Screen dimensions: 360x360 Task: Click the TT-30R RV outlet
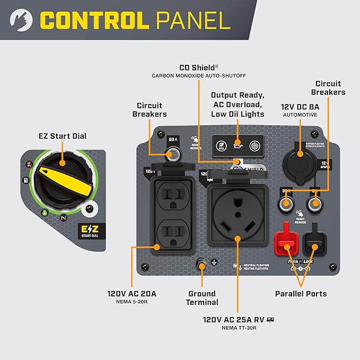coord(238,212)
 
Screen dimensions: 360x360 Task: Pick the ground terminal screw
coord(202,263)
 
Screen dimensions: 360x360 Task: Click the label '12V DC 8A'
coord(300,106)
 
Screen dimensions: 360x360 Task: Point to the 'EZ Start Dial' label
coord(62,136)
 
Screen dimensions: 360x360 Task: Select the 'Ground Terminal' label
coord(203,297)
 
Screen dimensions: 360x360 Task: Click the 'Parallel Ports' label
coord(301,293)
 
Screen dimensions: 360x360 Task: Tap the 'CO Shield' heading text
coord(197,67)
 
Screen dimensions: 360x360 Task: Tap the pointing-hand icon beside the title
coord(20,20)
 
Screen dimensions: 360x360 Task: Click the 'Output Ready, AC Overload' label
coord(238,99)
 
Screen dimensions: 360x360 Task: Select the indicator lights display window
coord(239,144)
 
